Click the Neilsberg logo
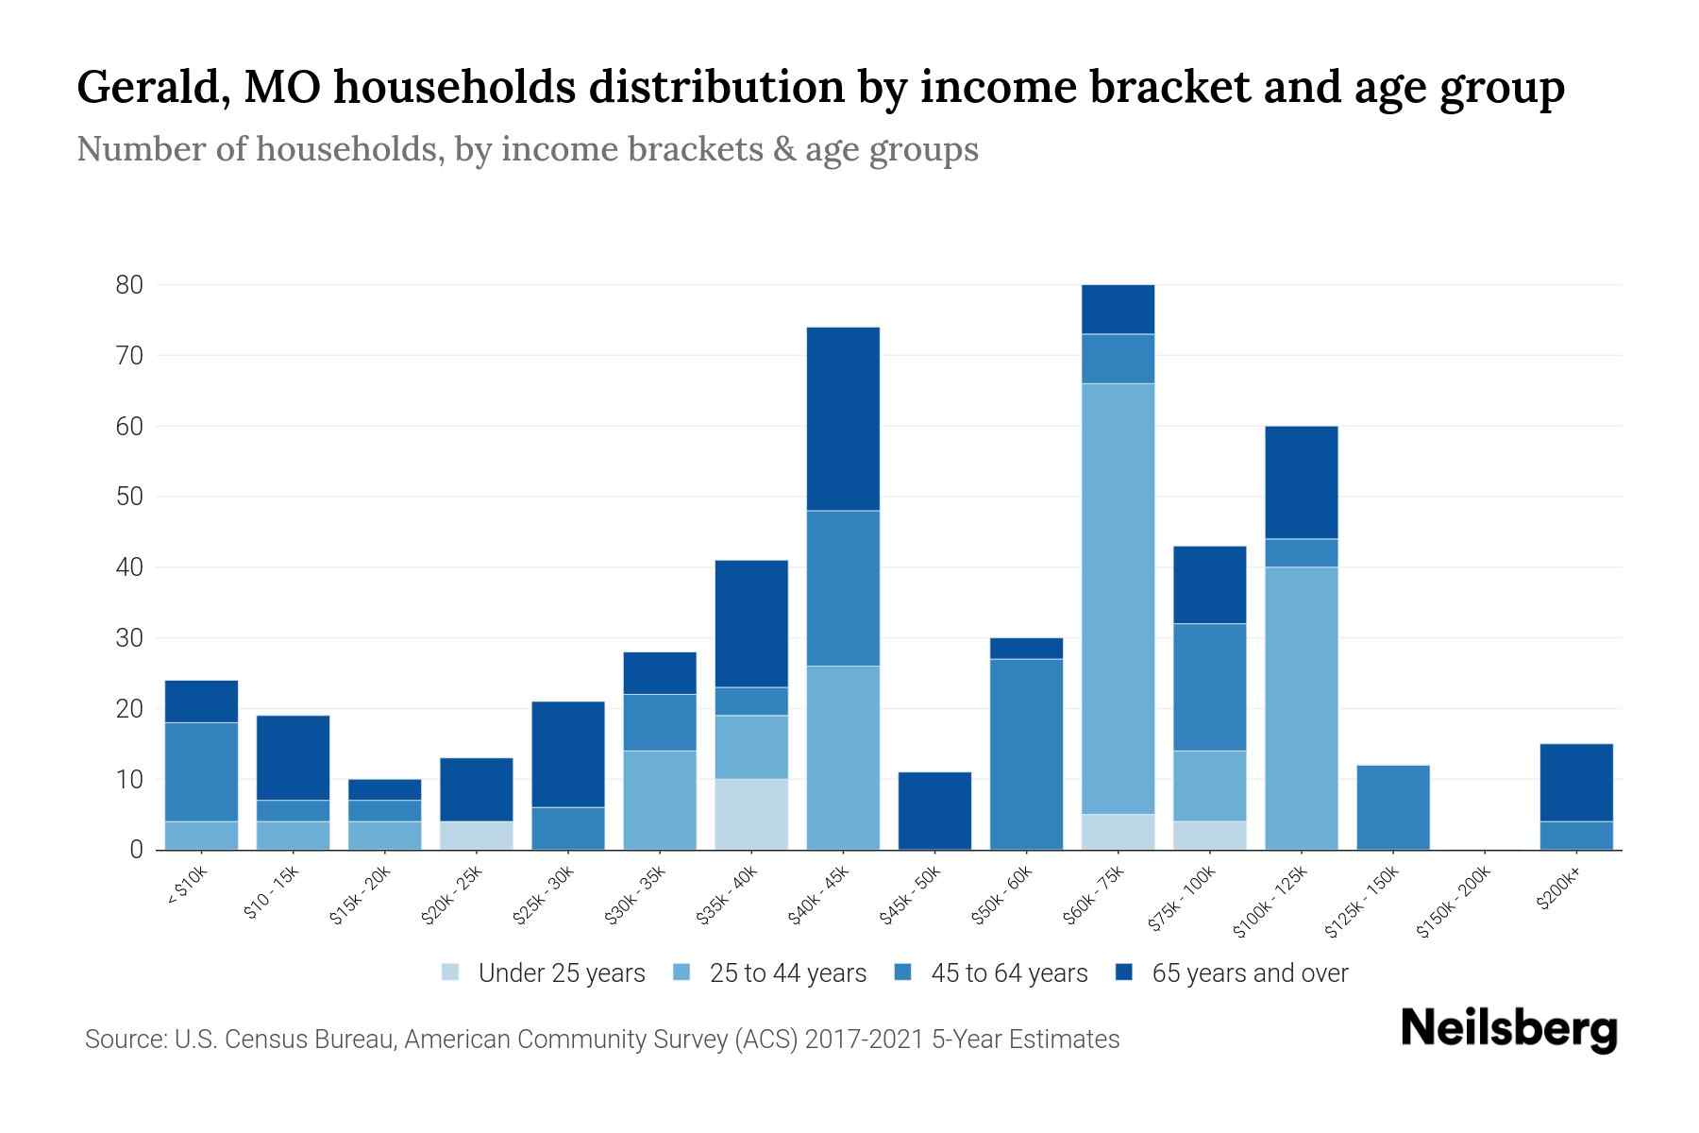click(x=1508, y=1029)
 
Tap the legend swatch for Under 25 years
click(x=450, y=972)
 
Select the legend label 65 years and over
click(x=1250, y=973)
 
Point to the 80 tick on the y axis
click(x=129, y=285)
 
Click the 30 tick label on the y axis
click(x=129, y=638)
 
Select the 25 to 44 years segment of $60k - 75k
click(x=1118, y=599)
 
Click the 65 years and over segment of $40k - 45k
click(x=843, y=419)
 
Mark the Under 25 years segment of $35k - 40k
click(x=751, y=814)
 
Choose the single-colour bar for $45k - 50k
click(x=934, y=811)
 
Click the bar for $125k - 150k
click(x=1392, y=807)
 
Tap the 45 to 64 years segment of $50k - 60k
click(x=1026, y=754)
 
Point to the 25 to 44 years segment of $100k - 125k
click(x=1301, y=708)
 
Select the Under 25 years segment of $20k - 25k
click(x=476, y=836)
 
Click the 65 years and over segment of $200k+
click(x=1575, y=783)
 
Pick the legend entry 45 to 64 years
click(x=1008, y=973)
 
